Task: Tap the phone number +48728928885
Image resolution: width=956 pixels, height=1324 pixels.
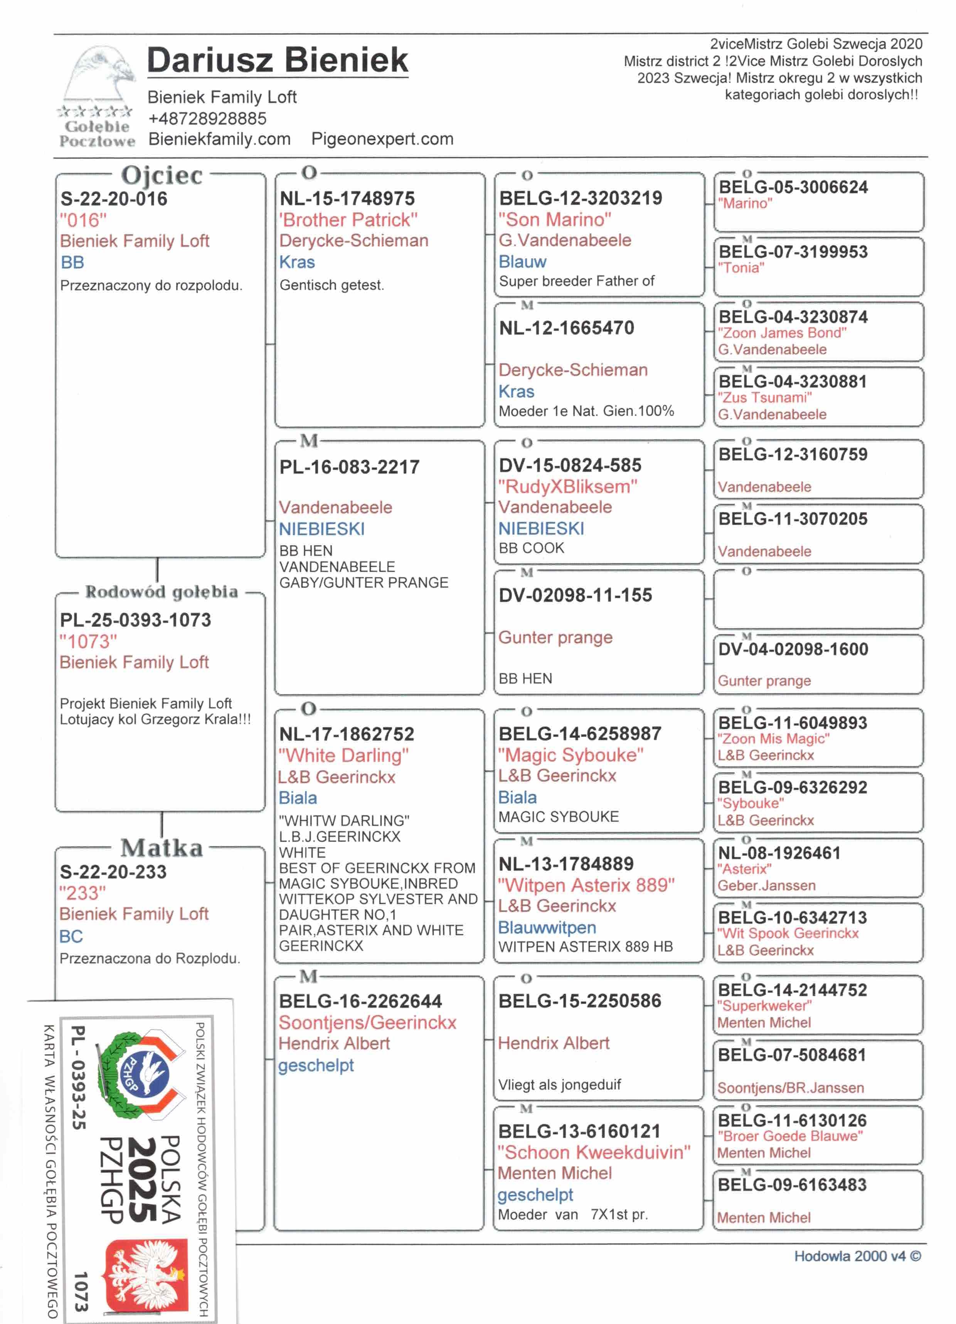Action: (x=207, y=118)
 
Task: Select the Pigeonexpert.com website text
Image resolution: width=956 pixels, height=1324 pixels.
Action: (x=382, y=139)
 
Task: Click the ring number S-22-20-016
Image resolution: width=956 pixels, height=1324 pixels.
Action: (x=114, y=199)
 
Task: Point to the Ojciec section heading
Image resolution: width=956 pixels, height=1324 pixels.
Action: (x=162, y=175)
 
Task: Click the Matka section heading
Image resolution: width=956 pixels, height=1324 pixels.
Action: (x=162, y=847)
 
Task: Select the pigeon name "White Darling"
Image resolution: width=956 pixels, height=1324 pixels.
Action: (x=343, y=755)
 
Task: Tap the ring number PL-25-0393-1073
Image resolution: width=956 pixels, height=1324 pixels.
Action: (x=135, y=620)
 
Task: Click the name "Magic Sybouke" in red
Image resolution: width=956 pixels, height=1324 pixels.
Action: (x=570, y=755)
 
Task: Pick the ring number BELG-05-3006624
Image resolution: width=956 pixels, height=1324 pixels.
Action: (x=793, y=187)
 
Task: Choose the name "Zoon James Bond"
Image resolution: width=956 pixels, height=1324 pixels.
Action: (x=782, y=333)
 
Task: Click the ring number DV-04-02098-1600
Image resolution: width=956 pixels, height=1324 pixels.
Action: (x=793, y=649)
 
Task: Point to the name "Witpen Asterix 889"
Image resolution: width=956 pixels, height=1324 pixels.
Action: (x=586, y=885)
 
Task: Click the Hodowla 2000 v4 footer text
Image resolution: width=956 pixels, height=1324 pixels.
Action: (x=857, y=1256)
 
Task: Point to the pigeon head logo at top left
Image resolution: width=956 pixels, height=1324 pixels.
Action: (x=99, y=76)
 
